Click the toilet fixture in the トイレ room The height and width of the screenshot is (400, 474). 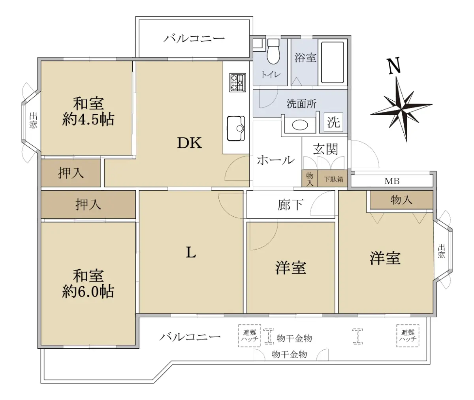point(273,51)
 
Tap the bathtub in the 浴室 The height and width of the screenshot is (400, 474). point(332,62)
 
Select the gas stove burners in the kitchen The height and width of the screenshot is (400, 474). point(237,83)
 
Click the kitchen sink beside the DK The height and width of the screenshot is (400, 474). point(236,128)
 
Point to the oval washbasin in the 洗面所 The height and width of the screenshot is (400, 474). point(300,125)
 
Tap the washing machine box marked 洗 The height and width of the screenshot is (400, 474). point(333,122)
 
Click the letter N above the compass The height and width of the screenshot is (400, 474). point(394,66)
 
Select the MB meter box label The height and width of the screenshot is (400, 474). point(392,181)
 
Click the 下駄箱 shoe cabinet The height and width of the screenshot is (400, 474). point(333,178)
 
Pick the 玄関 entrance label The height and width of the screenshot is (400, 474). point(325,149)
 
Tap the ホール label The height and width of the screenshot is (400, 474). point(276,160)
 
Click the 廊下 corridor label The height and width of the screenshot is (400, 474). point(290,205)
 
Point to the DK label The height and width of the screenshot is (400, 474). point(190,143)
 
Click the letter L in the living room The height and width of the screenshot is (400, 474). point(191,252)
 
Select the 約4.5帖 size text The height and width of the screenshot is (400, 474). point(88,119)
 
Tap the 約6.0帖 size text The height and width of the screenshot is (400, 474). point(88,291)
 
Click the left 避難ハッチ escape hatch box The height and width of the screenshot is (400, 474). point(250,336)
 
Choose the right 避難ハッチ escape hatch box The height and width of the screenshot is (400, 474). point(408,336)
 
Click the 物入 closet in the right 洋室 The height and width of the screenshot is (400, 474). point(401,200)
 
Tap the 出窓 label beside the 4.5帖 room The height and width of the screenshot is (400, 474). point(33,120)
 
